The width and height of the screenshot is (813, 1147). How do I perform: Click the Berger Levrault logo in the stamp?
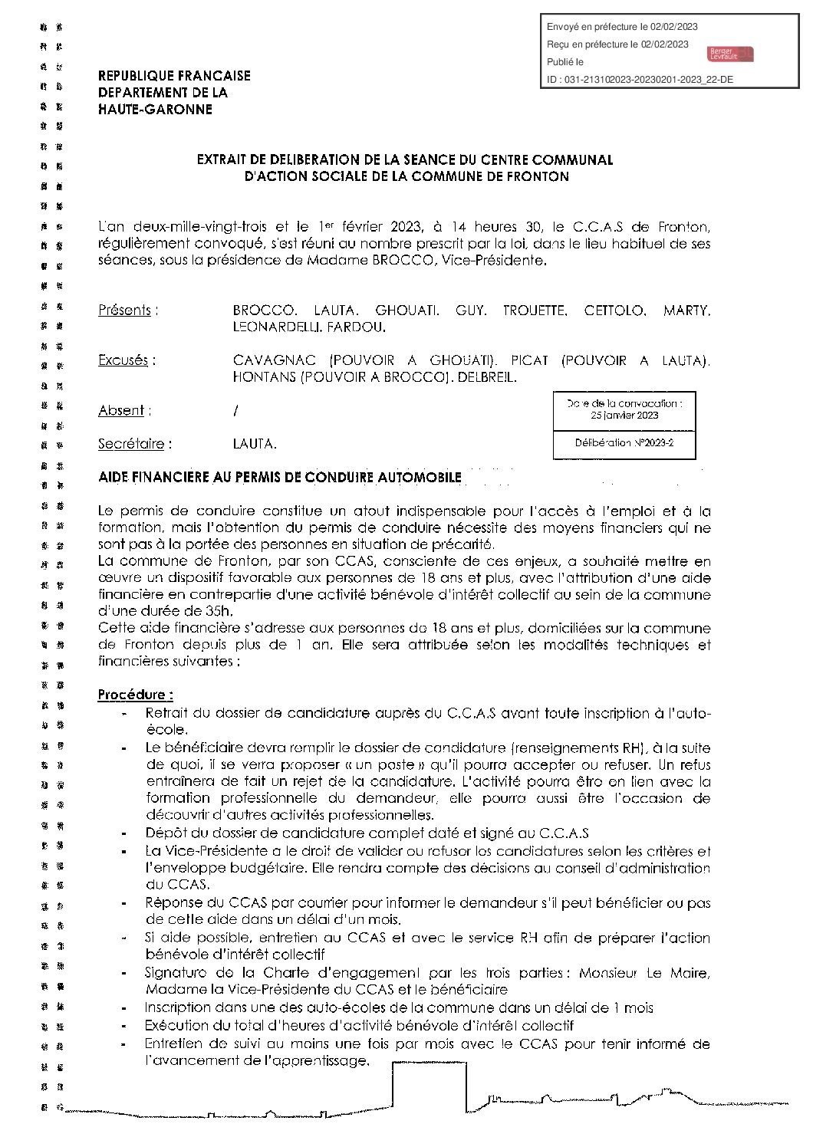tap(731, 53)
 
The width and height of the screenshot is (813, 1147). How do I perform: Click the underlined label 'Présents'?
tap(124, 311)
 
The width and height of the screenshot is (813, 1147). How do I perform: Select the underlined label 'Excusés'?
tap(123, 360)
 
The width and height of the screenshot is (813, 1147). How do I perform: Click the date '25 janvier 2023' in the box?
tap(624, 415)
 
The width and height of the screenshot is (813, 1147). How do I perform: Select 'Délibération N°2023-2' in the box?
tap(624, 443)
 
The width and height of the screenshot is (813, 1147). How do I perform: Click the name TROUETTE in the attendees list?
tap(535, 311)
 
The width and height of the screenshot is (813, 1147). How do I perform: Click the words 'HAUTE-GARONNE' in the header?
tap(155, 110)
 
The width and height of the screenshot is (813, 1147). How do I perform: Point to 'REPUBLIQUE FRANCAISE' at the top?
tap(174, 76)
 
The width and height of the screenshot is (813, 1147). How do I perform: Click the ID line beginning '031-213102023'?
tap(640, 79)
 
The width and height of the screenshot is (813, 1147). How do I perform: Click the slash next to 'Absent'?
tap(235, 411)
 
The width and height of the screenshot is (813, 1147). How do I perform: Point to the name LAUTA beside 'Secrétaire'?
tap(254, 444)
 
